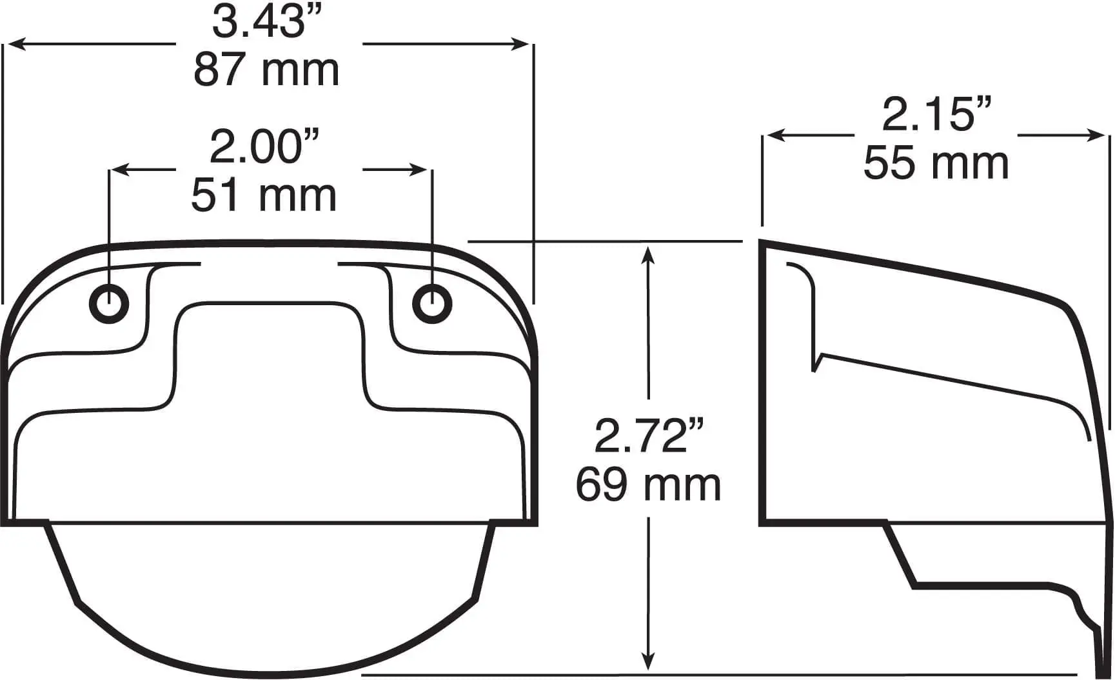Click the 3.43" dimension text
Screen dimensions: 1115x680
tap(267, 21)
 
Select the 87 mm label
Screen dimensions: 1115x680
tap(266, 70)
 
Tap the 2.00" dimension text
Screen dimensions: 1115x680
tap(265, 146)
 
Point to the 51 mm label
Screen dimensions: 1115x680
tap(264, 195)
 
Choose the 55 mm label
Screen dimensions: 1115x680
tap(936, 163)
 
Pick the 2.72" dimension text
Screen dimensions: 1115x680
tap(649, 436)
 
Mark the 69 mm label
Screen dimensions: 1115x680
tap(648, 485)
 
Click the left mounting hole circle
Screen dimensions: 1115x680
tap(109, 303)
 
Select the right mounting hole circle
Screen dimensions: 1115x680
tap(432, 303)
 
